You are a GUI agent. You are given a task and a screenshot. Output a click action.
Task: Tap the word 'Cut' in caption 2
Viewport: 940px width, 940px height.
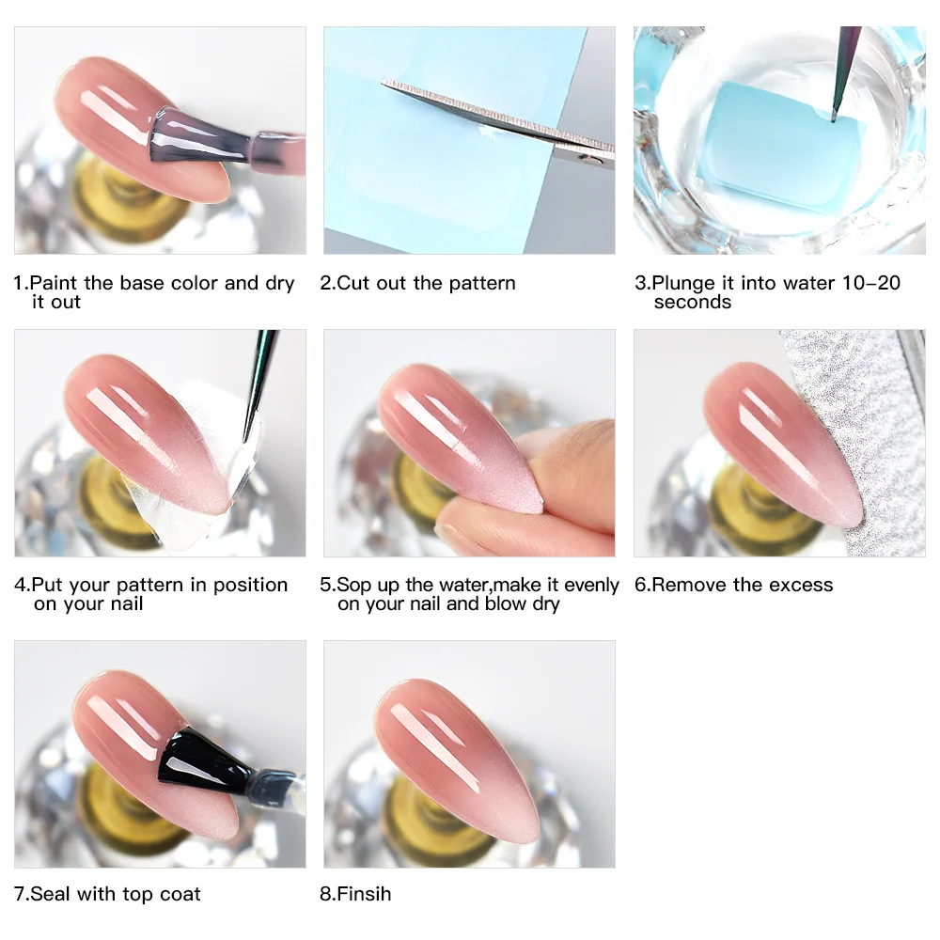click(354, 283)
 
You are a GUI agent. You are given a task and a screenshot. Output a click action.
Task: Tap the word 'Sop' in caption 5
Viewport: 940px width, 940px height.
click(355, 585)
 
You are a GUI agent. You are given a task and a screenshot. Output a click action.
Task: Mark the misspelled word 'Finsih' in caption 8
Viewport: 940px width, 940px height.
click(363, 894)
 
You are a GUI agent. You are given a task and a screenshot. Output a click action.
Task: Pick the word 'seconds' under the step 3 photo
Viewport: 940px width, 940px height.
click(693, 302)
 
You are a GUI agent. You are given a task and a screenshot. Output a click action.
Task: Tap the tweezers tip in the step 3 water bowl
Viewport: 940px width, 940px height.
click(833, 117)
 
